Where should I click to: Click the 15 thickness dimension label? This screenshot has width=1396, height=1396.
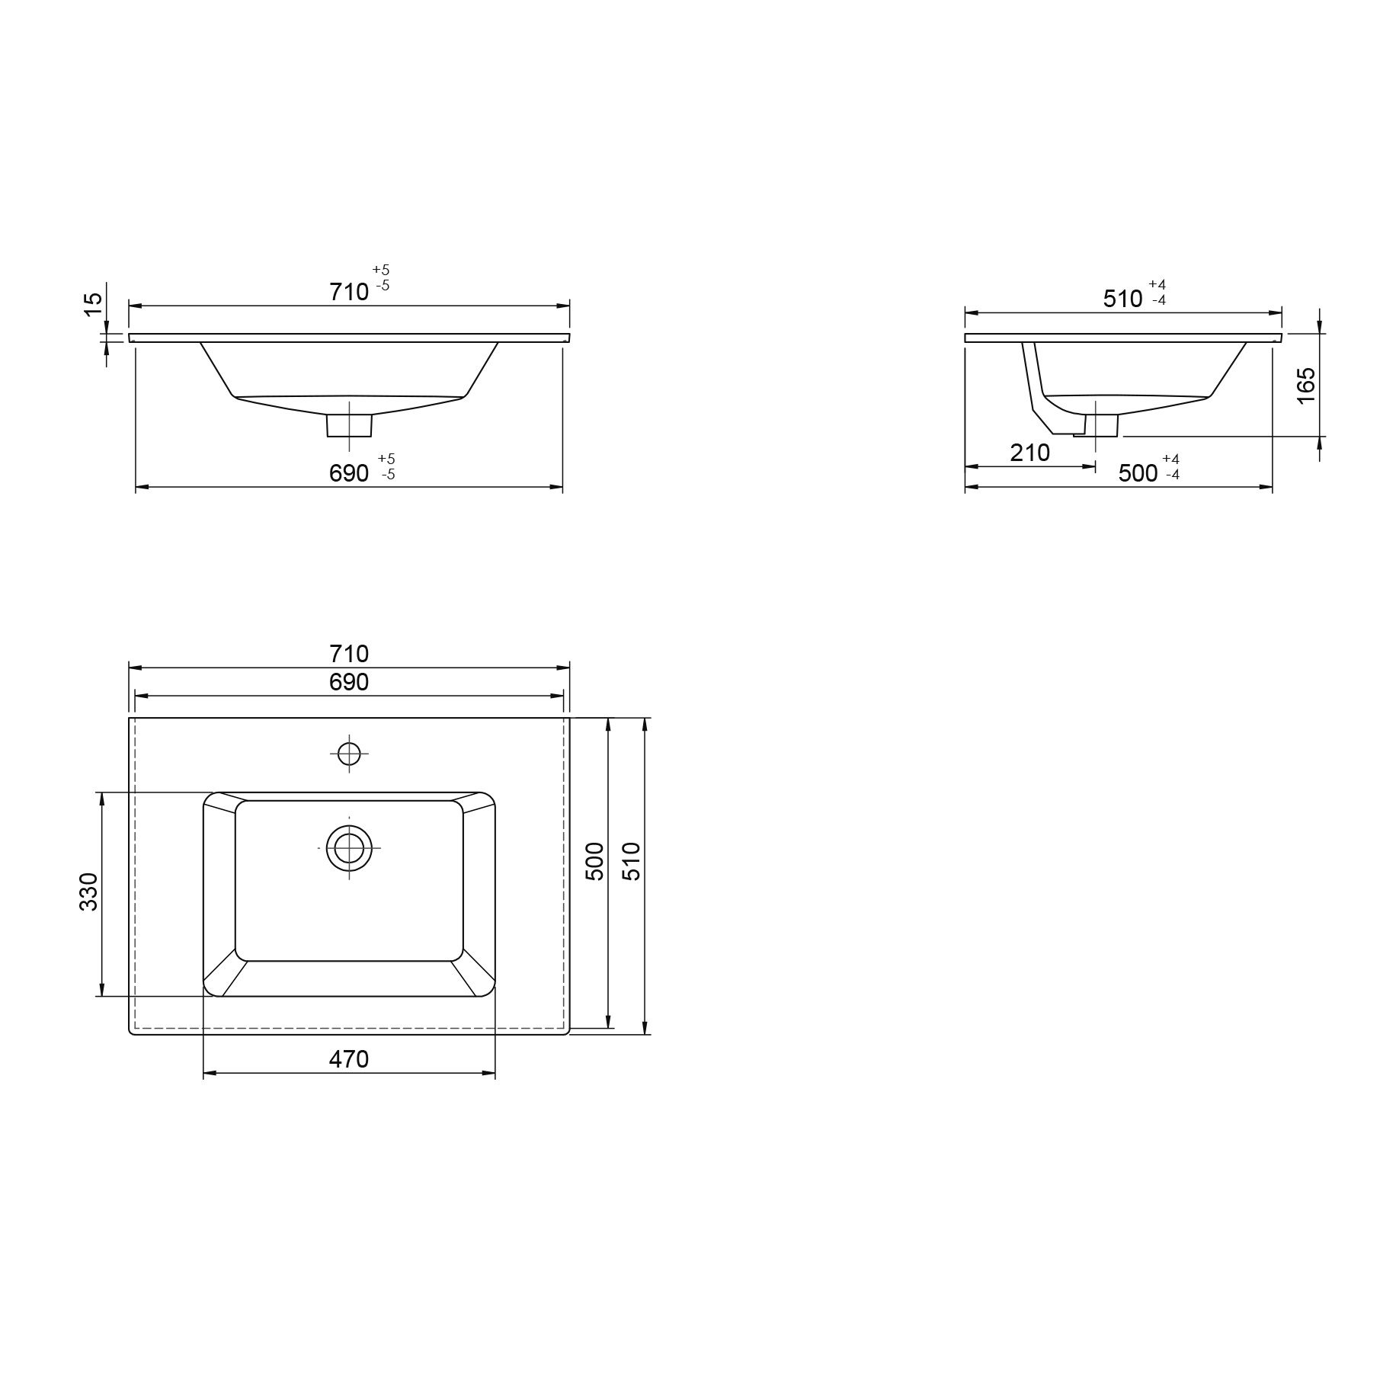coord(92,304)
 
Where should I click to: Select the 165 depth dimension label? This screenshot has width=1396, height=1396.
coord(1305,386)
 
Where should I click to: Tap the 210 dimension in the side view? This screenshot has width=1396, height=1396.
coord(1030,453)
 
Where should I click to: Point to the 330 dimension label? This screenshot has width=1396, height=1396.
coord(89,892)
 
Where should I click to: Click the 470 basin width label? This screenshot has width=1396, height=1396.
coord(349,1059)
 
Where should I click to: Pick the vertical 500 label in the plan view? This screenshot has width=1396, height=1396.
coord(594,862)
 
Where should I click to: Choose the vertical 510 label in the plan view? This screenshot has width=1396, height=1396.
coord(632,862)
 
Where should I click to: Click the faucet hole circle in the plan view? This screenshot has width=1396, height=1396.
coord(349,754)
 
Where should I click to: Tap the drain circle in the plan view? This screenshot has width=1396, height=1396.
coord(349,847)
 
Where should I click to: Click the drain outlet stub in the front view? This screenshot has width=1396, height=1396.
coord(349,425)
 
